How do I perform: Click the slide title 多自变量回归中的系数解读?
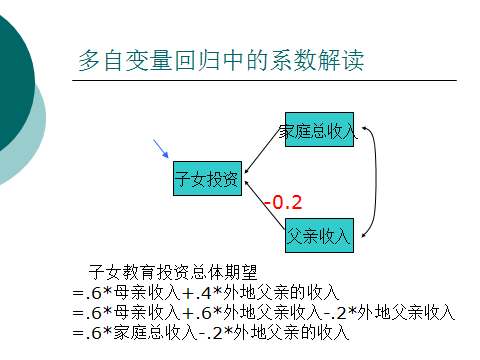221,60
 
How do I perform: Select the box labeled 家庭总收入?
319,129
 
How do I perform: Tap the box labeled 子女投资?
207,178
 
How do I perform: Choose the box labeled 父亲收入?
319,235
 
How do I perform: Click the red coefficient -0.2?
283,202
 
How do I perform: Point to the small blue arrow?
161,149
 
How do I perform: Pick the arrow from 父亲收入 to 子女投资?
265,205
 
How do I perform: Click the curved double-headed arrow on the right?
376,182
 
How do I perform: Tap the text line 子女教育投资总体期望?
173,272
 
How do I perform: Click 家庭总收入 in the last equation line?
155,332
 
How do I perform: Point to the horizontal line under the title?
264,80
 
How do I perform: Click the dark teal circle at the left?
13,80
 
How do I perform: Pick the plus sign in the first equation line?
188,293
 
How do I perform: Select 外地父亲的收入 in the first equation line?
281,292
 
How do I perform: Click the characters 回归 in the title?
197,60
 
